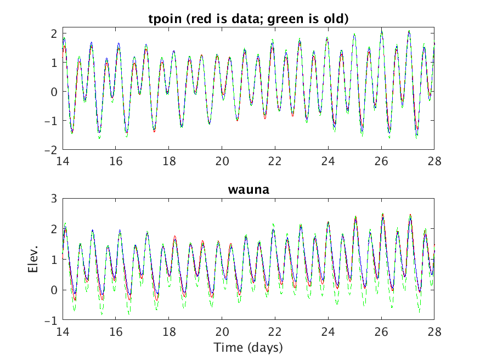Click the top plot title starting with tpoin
[249, 19]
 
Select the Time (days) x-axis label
[248, 347]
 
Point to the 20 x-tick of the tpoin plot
[222, 162]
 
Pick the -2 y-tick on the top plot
[51, 150]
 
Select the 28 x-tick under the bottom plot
[434, 332]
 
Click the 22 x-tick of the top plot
[275, 162]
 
